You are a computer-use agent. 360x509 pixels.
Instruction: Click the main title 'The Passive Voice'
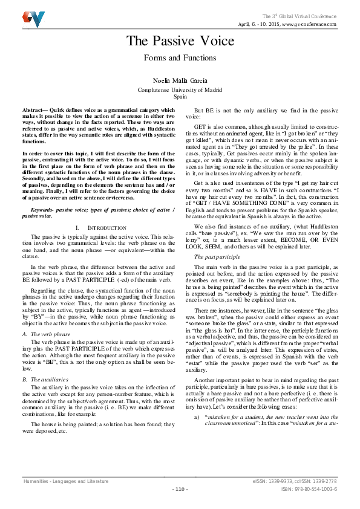tap(180, 41)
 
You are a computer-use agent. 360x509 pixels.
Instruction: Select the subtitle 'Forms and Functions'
tap(180, 59)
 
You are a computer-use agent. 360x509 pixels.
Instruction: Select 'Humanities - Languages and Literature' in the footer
tap(66, 481)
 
